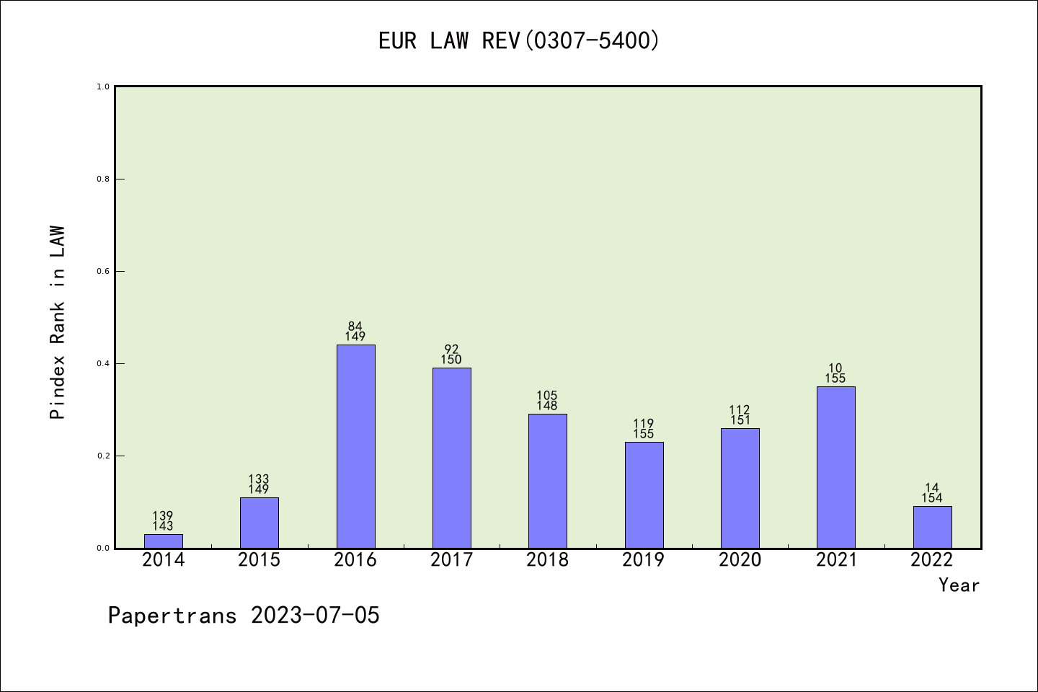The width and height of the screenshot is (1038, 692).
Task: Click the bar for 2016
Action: coord(355,446)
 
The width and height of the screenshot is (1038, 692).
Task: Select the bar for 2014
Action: coord(164,541)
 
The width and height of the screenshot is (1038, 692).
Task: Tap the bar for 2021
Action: coord(835,467)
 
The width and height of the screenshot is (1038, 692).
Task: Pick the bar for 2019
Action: coord(644,494)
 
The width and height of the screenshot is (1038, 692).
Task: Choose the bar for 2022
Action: coord(932,527)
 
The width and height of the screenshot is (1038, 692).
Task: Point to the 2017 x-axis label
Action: coord(451,560)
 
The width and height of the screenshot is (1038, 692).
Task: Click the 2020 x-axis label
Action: coord(740,560)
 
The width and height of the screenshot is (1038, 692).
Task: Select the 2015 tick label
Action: coord(259,560)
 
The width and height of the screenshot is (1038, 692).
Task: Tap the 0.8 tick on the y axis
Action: coord(103,179)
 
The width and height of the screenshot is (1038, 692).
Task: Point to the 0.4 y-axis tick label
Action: coord(103,363)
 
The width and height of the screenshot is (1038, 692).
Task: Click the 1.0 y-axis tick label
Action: coord(103,86)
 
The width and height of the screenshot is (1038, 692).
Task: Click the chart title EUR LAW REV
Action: coord(519,41)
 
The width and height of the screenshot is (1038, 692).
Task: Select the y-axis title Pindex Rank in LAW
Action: coord(58,323)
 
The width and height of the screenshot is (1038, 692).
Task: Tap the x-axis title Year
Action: coord(959,585)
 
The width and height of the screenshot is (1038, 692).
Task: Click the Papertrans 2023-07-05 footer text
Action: coord(244,616)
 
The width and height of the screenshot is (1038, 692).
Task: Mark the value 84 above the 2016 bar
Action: coord(355,327)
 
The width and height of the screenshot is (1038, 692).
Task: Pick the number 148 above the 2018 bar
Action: coord(547,406)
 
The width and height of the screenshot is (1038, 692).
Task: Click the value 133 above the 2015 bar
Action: coord(259,479)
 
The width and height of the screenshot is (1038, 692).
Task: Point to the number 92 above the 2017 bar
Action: coord(451,350)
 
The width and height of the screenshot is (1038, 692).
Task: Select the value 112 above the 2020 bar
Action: coord(740,410)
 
